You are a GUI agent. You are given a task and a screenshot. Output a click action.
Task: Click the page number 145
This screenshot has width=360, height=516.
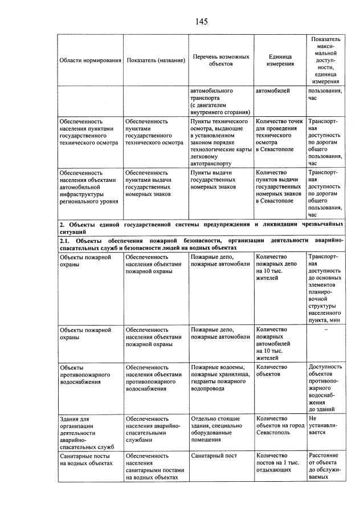(x=201, y=22)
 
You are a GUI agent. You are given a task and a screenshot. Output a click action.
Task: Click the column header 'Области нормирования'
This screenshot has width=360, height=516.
(x=91, y=60)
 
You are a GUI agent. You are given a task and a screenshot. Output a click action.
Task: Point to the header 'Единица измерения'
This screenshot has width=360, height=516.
(x=280, y=60)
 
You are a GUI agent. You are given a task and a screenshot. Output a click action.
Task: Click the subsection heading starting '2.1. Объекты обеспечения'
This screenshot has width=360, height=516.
(x=201, y=245)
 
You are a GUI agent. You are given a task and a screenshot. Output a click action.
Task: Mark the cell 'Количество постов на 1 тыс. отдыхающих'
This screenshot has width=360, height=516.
(x=277, y=464)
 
